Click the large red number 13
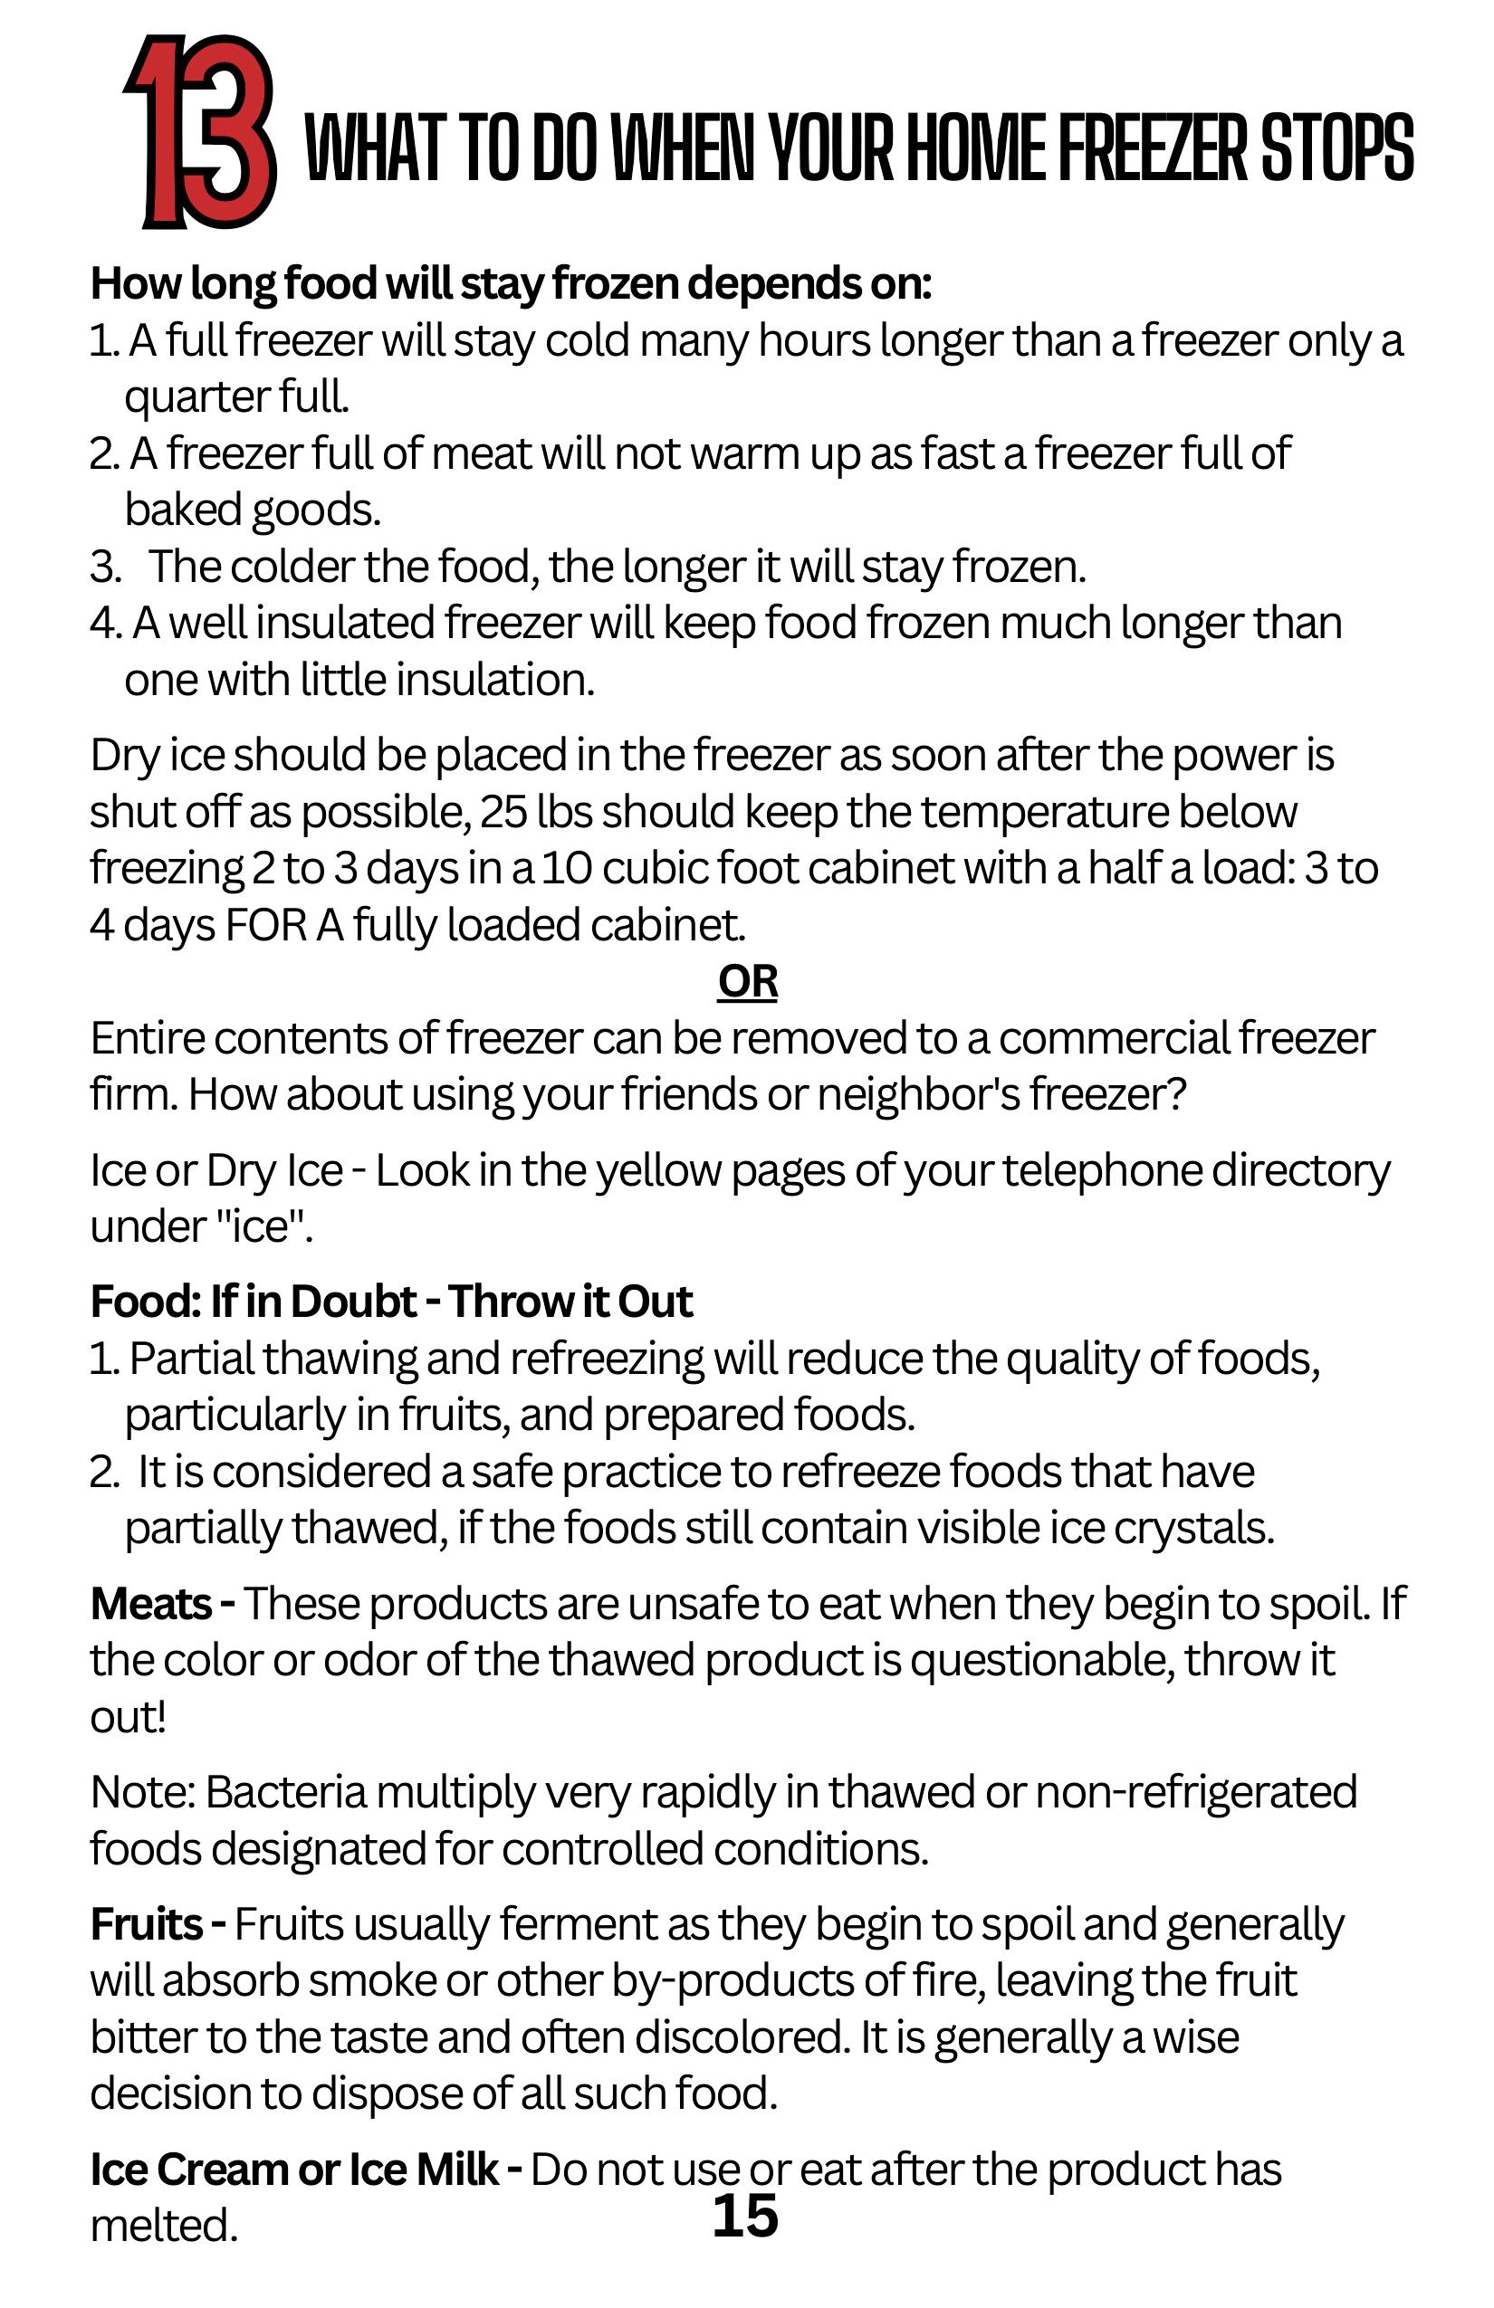pyautogui.click(x=202, y=132)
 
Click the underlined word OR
pyautogui.click(x=747, y=981)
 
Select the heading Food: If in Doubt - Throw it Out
pyautogui.click(x=391, y=1302)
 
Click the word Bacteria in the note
pyautogui.click(x=286, y=1792)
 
